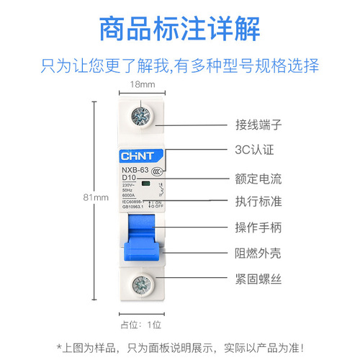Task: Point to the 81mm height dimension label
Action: click(100, 197)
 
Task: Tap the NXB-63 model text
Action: click(135, 169)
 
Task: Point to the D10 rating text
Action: click(130, 177)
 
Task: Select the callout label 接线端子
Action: click(258, 124)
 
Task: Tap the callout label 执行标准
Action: click(258, 201)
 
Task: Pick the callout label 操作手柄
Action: click(258, 227)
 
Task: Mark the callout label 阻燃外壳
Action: click(258, 253)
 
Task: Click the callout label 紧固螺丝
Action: click(258, 279)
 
